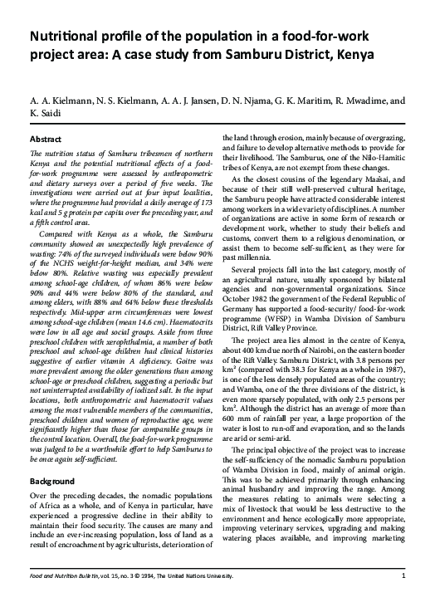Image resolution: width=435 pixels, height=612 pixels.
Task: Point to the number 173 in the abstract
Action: (x=198, y=180)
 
